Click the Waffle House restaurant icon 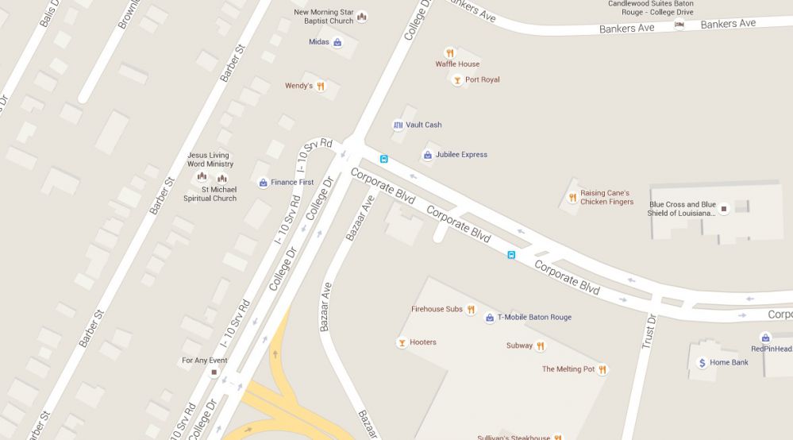click(x=449, y=53)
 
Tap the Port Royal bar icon click(x=456, y=79)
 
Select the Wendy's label click(x=298, y=86)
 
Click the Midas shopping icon click(x=337, y=42)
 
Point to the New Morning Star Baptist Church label click(x=323, y=17)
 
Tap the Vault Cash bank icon click(x=398, y=125)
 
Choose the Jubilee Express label click(x=461, y=155)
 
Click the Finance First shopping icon click(x=263, y=183)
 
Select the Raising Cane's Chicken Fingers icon click(x=572, y=197)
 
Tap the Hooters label click(x=423, y=342)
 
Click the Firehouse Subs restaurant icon click(x=471, y=309)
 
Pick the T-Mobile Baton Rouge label click(x=534, y=318)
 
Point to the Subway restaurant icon click(x=541, y=345)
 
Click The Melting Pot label click(x=568, y=369)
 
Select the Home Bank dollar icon click(x=702, y=363)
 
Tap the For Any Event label click(x=205, y=361)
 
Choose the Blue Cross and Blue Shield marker click(x=723, y=209)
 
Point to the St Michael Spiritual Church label click(x=210, y=194)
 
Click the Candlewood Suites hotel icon click(x=679, y=25)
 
